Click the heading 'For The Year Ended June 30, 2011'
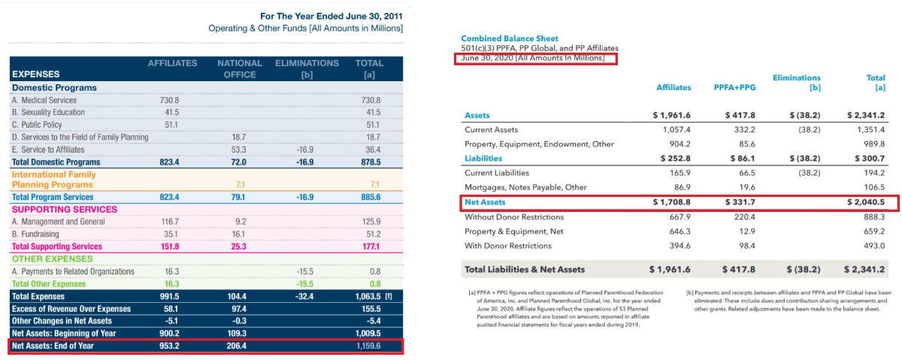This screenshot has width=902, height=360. pyautogui.click(x=331, y=16)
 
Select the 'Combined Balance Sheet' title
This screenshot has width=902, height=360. pyautogui.click(x=510, y=38)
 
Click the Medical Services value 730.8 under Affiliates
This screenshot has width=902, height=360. pyautogui.click(x=169, y=100)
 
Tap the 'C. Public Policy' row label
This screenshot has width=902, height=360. pyautogui.click(x=37, y=125)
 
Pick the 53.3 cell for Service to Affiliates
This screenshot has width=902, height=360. pyautogui.click(x=238, y=150)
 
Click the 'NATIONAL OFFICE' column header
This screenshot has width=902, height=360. pyautogui.click(x=240, y=69)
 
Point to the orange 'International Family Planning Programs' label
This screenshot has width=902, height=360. pyautogui.click(x=54, y=180)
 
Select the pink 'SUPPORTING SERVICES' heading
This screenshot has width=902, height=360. pyautogui.click(x=65, y=210)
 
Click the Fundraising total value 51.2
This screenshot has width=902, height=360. pyautogui.click(x=374, y=234)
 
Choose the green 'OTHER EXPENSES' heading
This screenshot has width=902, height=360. pyautogui.click(x=53, y=259)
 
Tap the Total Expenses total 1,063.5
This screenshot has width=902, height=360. pyautogui.click(x=368, y=296)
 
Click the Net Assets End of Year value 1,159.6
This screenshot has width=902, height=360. pyautogui.click(x=368, y=346)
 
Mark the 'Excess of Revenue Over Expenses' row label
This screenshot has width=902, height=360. pyautogui.click(x=71, y=309)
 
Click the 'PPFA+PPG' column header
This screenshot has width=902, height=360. pyautogui.click(x=734, y=87)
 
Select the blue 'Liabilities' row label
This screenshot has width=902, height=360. pyautogui.click(x=483, y=159)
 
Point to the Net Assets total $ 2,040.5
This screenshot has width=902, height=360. pyautogui.click(x=866, y=202)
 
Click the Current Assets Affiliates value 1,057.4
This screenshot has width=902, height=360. pyautogui.click(x=676, y=130)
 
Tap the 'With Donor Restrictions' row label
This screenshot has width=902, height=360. pyautogui.click(x=508, y=246)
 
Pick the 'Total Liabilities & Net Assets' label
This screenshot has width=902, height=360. pyautogui.click(x=525, y=269)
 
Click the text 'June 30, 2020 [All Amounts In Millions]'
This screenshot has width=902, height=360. pyautogui.click(x=533, y=58)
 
